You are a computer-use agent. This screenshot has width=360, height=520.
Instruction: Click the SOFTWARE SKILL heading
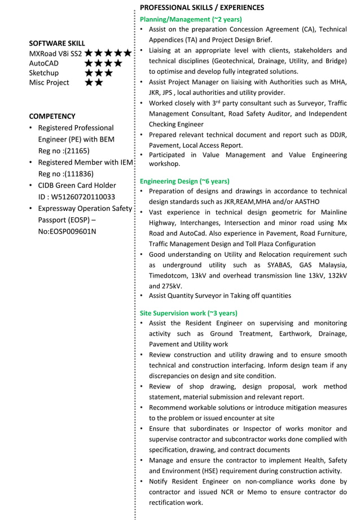click(x=57, y=43)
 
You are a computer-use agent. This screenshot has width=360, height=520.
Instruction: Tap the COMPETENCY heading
click(x=52, y=116)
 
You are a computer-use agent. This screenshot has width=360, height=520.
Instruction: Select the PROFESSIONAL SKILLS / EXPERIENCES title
click(x=201, y=7)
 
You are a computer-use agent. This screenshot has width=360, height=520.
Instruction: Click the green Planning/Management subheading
click(x=191, y=19)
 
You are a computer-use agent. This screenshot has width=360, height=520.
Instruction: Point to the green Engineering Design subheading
click(x=185, y=181)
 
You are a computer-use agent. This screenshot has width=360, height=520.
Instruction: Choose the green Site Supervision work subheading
click(x=188, y=312)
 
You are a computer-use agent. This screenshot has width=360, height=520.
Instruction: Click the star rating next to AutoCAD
click(x=103, y=63)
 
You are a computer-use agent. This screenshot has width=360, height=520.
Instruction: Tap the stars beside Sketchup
click(x=99, y=73)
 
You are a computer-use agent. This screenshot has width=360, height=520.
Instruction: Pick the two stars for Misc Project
click(x=94, y=82)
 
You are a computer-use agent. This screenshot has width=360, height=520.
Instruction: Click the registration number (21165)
click(x=71, y=151)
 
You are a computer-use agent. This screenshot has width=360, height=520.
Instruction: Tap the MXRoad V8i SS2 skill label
click(x=55, y=54)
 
